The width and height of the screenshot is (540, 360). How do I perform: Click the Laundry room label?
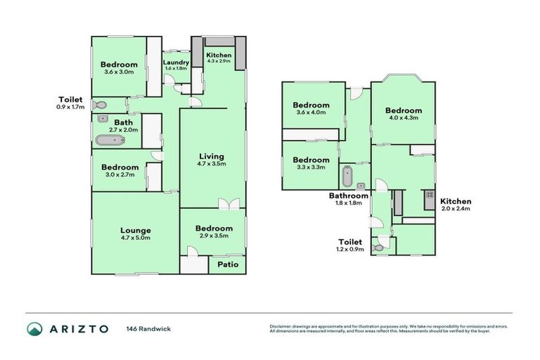(176, 62)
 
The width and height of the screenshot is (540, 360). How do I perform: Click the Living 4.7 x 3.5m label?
(211, 156)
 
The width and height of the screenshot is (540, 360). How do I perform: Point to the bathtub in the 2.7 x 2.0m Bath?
(110, 141)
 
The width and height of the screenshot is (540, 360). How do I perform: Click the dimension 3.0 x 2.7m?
(117, 176)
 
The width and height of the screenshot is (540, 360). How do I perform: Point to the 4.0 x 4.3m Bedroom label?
(403, 110)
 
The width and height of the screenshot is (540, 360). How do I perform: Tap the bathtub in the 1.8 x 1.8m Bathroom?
(347, 174)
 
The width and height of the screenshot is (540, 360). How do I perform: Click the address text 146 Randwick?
(148, 328)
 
